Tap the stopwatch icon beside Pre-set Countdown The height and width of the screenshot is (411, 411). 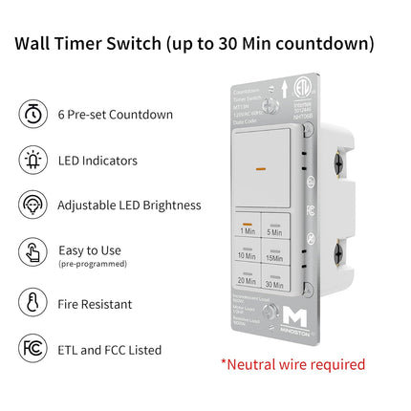point(32,115)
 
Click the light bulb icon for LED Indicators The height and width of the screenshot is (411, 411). point(32,161)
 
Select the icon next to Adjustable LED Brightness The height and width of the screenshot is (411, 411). point(32,205)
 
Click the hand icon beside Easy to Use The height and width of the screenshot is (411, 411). point(32,252)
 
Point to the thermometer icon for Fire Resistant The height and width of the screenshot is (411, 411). point(32,303)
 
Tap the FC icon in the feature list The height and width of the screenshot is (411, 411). point(32,349)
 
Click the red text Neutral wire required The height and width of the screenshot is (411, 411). point(292,364)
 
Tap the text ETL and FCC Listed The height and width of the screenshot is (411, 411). point(109,350)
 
